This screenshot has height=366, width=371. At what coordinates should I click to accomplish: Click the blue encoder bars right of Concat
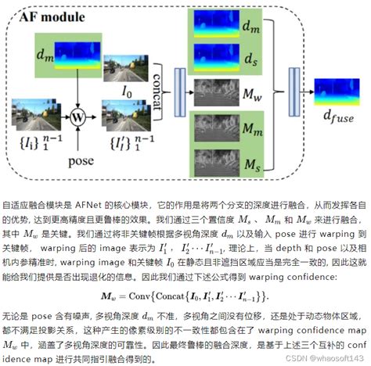(x=179, y=84)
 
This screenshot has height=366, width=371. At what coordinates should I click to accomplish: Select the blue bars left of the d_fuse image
(x=300, y=92)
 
